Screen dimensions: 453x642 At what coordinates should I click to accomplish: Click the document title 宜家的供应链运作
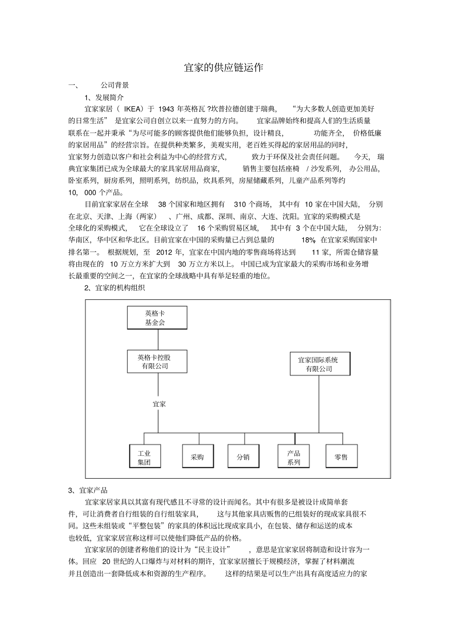point(224,68)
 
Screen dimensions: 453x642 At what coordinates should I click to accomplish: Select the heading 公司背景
point(114,85)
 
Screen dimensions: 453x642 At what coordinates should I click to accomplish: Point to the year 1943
point(166,109)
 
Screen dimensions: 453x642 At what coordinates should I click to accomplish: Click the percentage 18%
point(309,240)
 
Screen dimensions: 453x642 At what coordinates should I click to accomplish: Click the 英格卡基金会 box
point(156,318)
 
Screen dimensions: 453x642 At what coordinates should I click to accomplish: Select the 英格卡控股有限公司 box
point(156,361)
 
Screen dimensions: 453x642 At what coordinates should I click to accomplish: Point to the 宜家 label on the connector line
point(159,404)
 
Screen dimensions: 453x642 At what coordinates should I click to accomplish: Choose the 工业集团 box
point(144,457)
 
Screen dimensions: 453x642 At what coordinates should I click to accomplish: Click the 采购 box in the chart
point(197,457)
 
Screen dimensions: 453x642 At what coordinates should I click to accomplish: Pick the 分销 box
point(243,457)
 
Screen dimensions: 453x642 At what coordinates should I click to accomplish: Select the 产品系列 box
point(294,457)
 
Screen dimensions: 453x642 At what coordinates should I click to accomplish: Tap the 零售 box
point(341,457)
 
